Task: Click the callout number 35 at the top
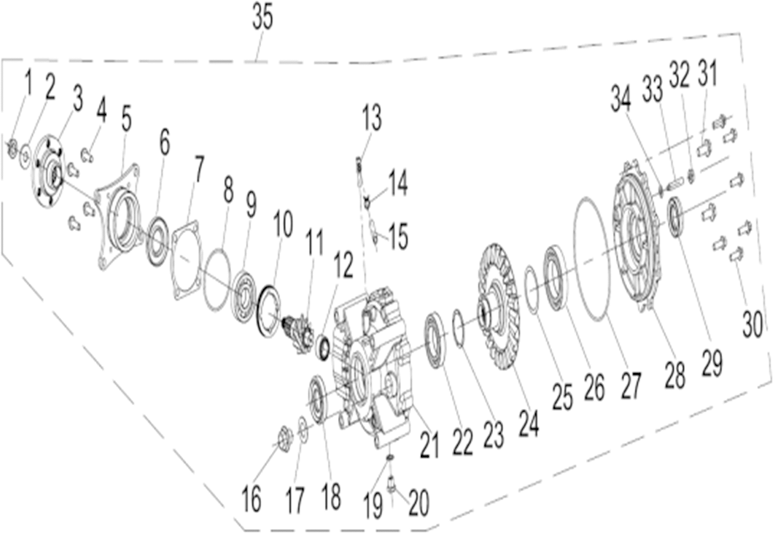click(x=263, y=18)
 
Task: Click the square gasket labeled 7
click(x=187, y=260)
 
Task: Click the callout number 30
click(x=753, y=325)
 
